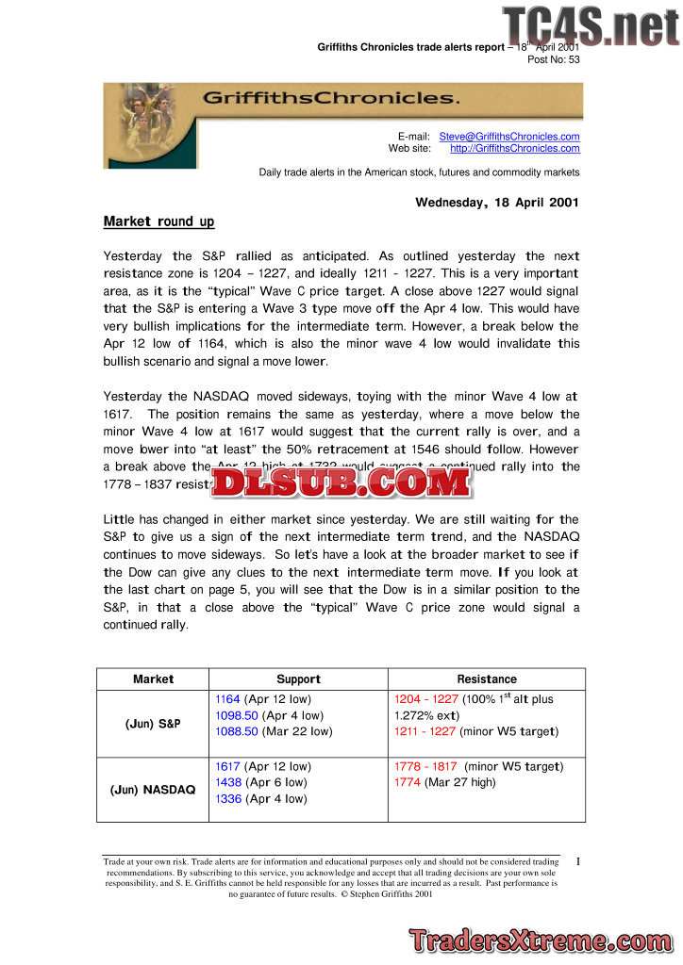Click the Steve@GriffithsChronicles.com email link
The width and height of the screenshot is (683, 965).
click(509, 137)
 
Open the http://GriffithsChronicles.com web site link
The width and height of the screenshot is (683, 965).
click(515, 148)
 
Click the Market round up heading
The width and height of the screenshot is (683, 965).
click(158, 221)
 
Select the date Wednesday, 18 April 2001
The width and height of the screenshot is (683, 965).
click(497, 202)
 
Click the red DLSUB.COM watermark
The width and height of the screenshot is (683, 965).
click(341, 482)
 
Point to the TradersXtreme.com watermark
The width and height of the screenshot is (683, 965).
click(541, 940)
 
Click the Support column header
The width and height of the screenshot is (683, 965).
click(298, 679)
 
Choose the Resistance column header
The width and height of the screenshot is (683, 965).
click(487, 679)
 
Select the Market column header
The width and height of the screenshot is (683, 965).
click(153, 679)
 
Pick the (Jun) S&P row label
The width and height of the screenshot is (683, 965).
click(153, 724)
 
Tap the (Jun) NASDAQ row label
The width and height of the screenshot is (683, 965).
click(153, 790)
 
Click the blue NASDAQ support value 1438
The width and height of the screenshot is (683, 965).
click(228, 782)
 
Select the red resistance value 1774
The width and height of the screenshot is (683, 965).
click(407, 782)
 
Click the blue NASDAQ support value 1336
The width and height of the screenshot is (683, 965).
click(228, 799)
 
